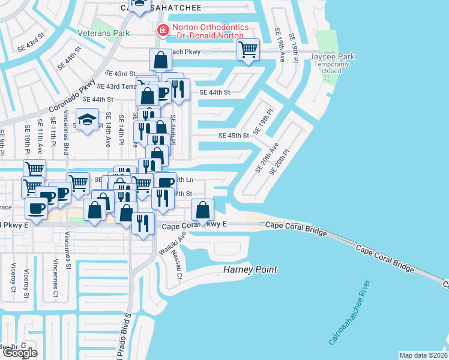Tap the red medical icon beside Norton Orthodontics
pos(162,30)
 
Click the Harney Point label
pos(250,269)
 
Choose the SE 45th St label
pos(234,136)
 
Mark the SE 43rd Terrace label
pos(118,86)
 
